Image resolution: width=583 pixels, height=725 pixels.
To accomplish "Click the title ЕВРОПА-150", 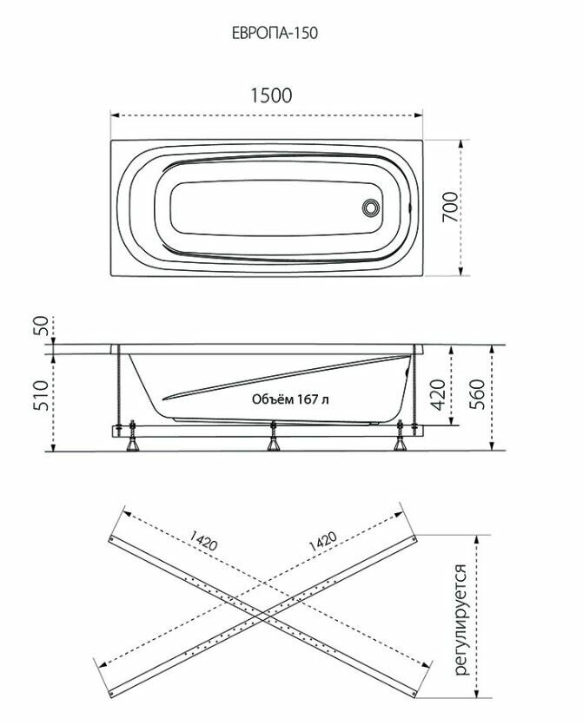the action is point(275,33).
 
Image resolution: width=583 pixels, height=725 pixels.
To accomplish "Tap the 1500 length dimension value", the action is point(271,96).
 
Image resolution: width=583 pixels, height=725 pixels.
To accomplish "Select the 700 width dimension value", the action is point(450,208).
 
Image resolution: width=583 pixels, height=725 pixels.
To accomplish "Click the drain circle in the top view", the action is point(371,208).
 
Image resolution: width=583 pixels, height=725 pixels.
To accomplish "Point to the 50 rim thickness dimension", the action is point(40,326).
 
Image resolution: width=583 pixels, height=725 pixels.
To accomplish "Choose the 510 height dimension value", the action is point(40,395).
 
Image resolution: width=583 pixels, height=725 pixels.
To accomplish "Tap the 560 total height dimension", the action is point(477,394).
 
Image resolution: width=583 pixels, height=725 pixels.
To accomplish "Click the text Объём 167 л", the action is point(290,399).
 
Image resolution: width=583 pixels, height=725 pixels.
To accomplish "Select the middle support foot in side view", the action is point(273,436).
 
